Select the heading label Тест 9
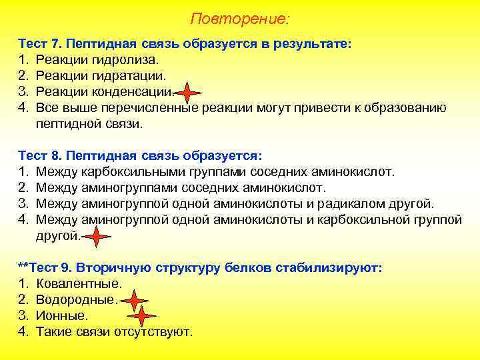pyautogui.click(x=47, y=268)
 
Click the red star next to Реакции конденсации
pyautogui.click(x=189, y=93)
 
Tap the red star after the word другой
pyautogui.click(x=97, y=236)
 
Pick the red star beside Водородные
pyautogui.click(x=137, y=300)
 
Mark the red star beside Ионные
pyautogui.click(x=143, y=315)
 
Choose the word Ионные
pyautogui.click(x=62, y=316)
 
